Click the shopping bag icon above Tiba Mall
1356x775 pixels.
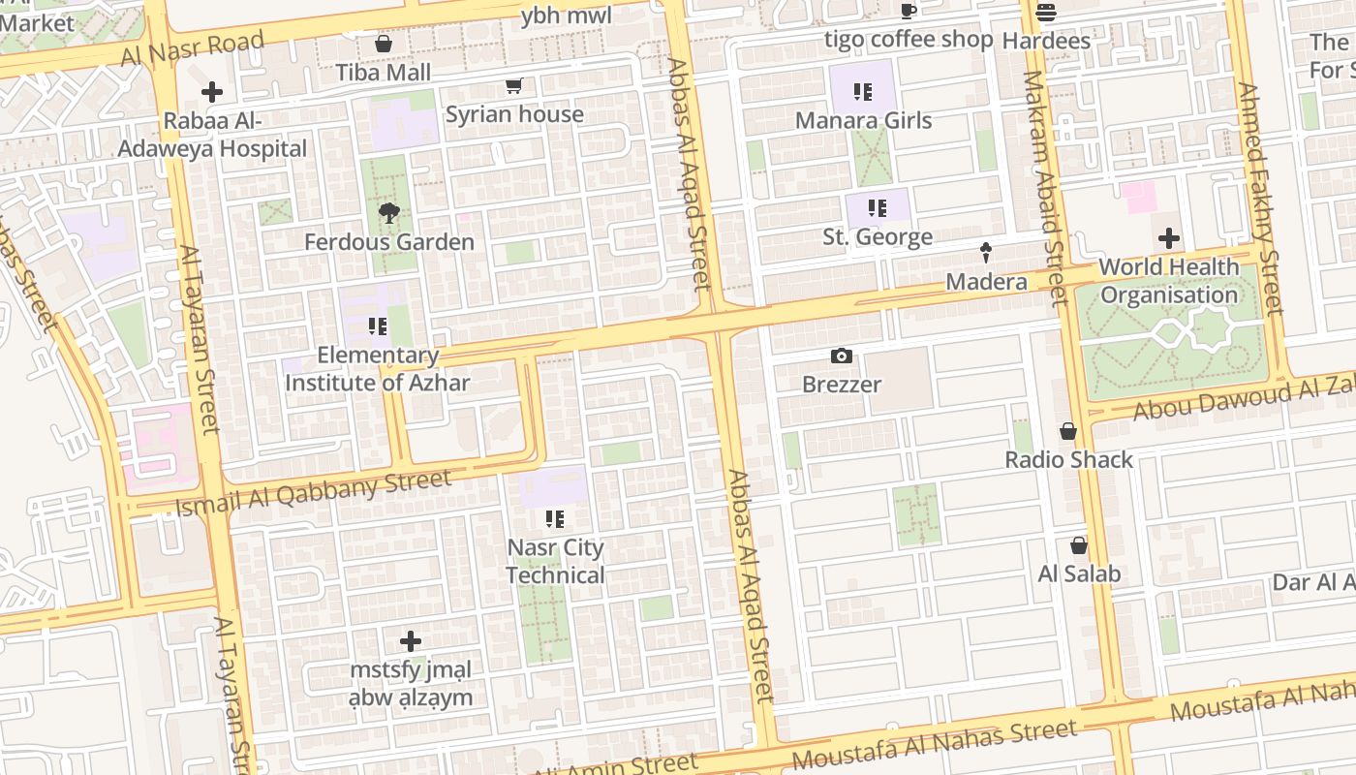coord(384,44)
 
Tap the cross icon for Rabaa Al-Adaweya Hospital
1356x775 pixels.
coord(211,93)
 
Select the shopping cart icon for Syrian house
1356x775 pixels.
coord(514,85)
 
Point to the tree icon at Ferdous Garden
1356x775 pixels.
coord(389,213)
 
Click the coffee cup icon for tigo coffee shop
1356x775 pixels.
coord(909,12)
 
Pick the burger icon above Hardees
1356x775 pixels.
coord(1046,13)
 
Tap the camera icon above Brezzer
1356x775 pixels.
coord(842,356)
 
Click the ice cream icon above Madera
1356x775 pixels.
coord(986,253)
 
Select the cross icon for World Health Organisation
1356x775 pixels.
coord(1169,237)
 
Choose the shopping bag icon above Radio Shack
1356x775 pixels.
coord(1068,430)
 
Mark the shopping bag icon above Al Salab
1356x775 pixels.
coord(1079,545)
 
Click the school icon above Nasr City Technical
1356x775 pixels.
coord(555,519)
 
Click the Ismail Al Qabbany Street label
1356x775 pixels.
coord(314,492)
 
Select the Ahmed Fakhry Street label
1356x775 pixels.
coord(1260,199)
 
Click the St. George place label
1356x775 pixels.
coord(878,237)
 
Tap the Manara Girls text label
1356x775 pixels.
coord(863,121)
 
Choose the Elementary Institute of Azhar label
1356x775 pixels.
coord(378,369)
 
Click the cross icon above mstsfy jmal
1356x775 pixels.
coord(411,641)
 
